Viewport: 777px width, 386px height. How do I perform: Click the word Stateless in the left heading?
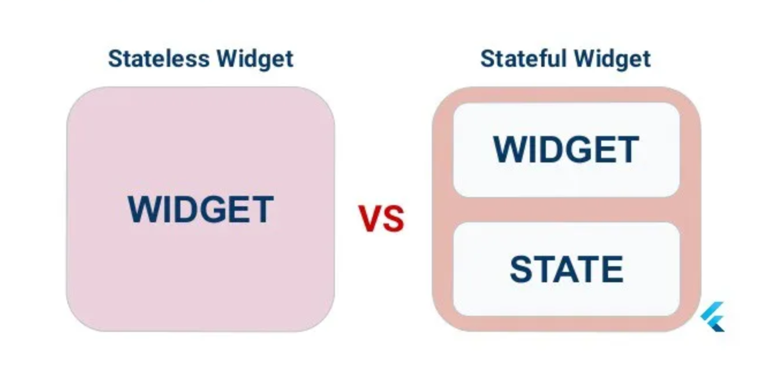159,59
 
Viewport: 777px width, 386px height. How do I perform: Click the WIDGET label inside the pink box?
200,209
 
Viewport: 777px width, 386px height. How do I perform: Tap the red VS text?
382,218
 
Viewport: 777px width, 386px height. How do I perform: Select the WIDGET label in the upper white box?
566,149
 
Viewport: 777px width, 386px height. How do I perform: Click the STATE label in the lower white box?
567,269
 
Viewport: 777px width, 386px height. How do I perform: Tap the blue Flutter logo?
713,317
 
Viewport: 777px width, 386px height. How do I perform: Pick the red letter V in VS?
370,218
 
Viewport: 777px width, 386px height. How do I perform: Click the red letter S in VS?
393,218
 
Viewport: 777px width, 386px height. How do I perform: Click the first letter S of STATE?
521,269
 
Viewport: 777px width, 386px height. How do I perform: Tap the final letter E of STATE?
613,269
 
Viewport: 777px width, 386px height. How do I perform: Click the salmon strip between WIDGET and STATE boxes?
566,210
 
